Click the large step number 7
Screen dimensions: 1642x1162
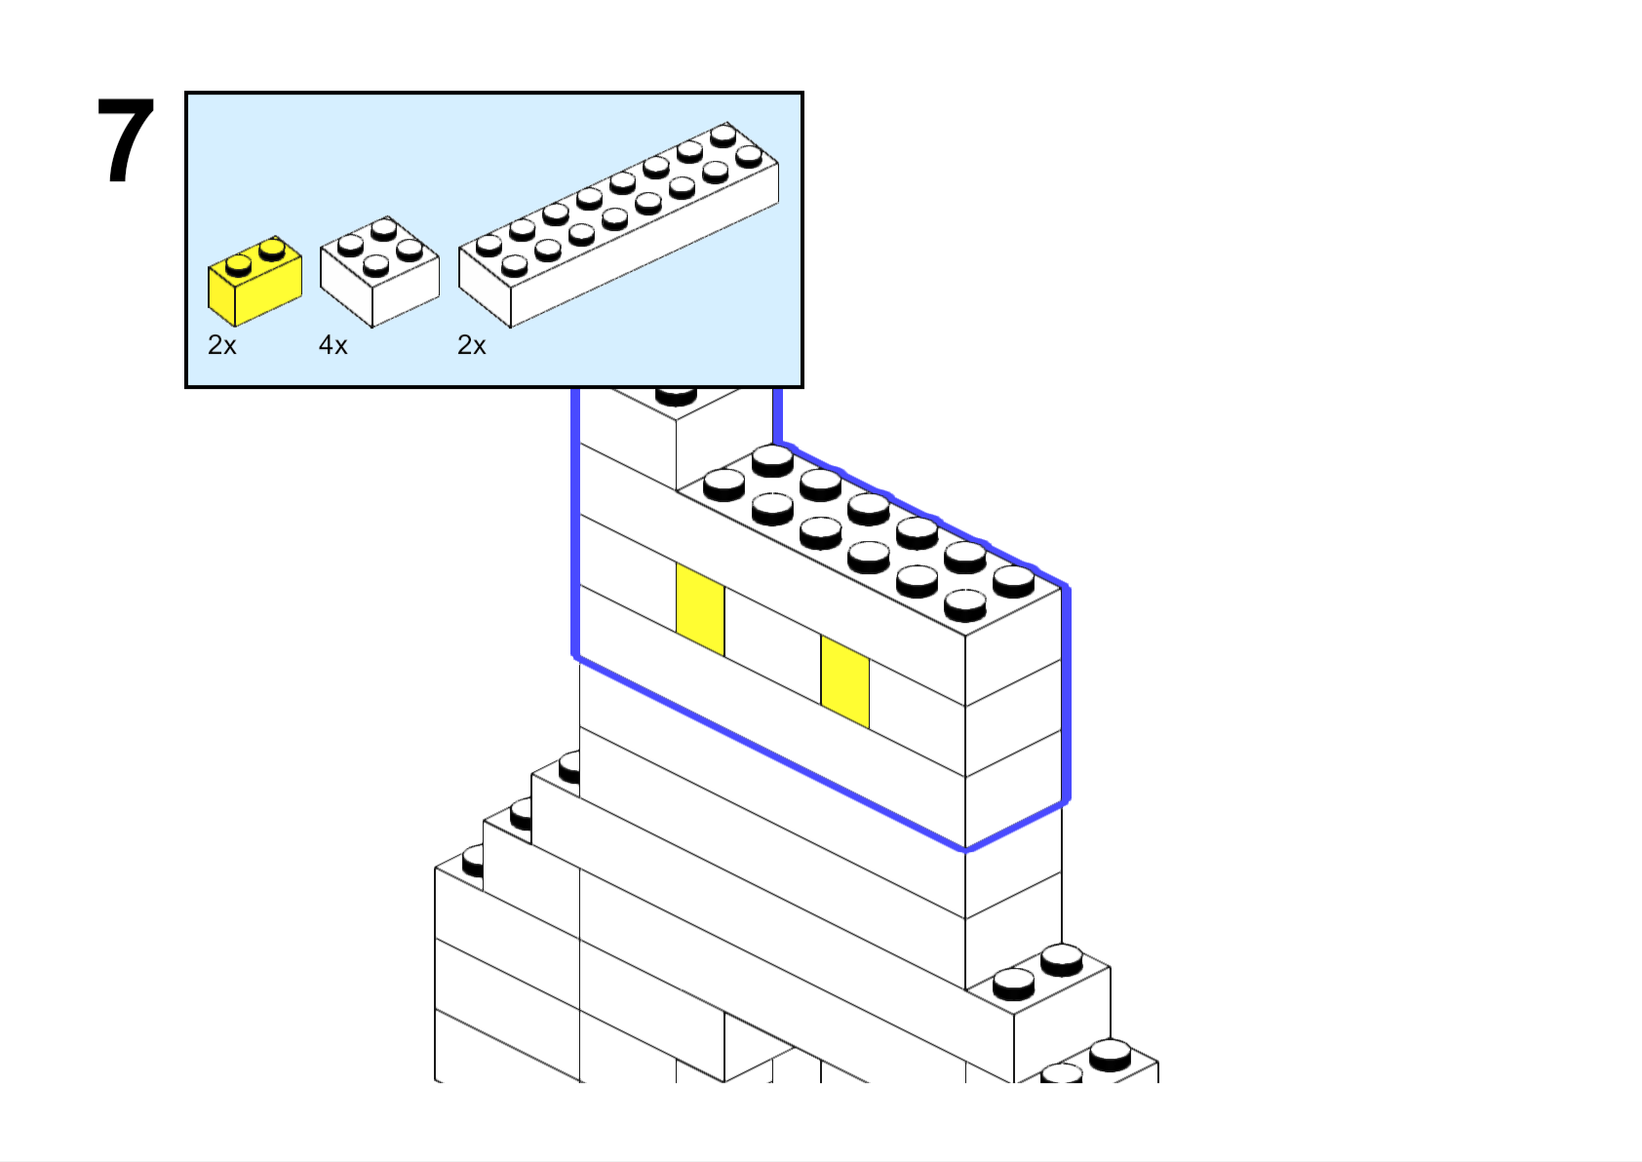tap(126, 140)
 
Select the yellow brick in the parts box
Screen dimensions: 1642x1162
tap(255, 282)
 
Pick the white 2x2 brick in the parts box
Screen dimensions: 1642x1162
tap(379, 272)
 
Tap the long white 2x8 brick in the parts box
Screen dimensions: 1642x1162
tap(619, 225)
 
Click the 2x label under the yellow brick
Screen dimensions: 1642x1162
tap(222, 344)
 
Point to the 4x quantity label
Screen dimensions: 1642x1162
tap(332, 344)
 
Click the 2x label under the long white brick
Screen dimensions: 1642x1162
tap(471, 344)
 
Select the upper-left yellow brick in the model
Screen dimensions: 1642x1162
tap(700, 609)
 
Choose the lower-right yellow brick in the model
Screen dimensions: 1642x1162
tap(845, 681)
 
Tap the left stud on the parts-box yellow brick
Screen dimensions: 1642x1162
tap(238, 264)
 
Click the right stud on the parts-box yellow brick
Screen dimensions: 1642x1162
tap(272, 250)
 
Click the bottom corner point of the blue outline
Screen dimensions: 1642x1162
tap(965, 850)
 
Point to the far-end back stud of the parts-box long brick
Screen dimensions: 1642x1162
tap(723, 136)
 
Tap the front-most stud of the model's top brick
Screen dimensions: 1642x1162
tap(964, 605)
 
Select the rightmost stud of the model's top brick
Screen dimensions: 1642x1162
tap(1013, 582)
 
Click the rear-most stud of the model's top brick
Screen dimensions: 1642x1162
tap(772, 461)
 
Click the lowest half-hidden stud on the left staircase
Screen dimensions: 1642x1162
tap(474, 862)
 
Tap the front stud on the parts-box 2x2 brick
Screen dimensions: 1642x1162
tap(376, 265)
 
